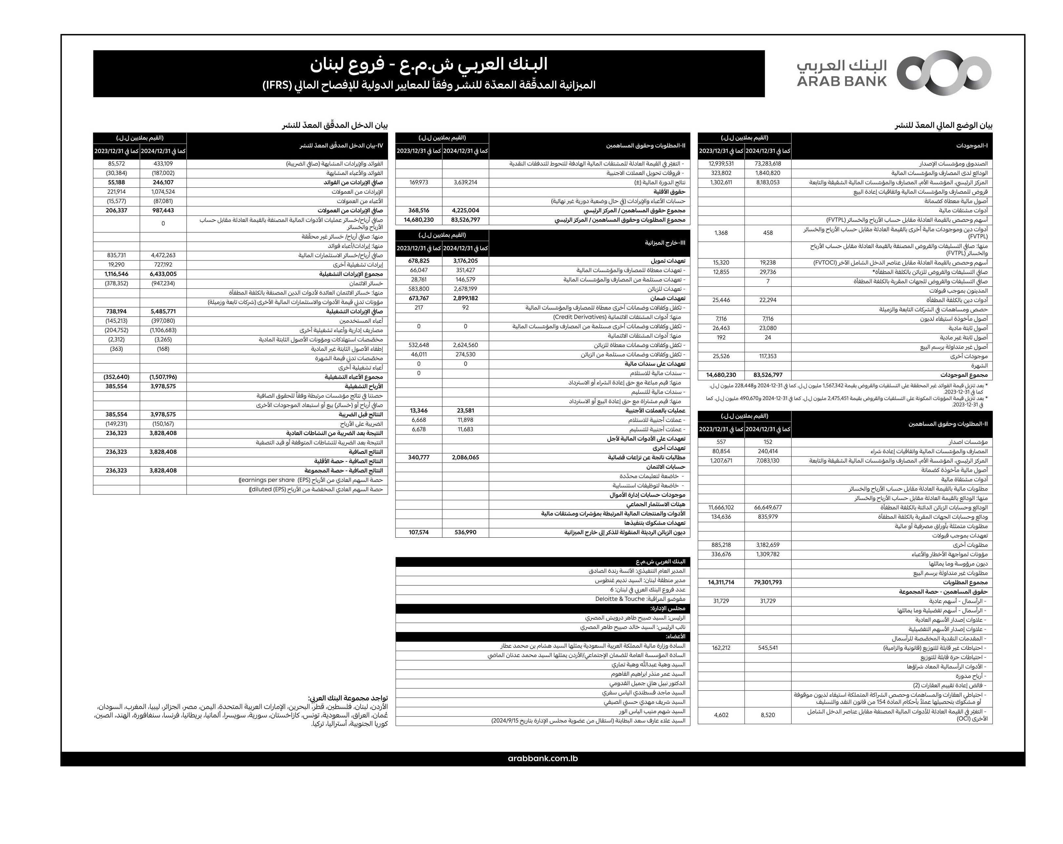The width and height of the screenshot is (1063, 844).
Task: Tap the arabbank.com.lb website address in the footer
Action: (x=542, y=758)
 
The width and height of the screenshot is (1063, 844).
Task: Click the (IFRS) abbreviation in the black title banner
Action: (x=279, y=85)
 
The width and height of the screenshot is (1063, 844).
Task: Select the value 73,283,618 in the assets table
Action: (x=768, y=163)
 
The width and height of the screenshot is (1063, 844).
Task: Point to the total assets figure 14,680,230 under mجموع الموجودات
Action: (x=721, y=375)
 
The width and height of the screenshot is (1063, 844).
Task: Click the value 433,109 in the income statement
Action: (x=163, y=163)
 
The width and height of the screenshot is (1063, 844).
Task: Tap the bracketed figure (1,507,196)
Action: (x=163, y=377)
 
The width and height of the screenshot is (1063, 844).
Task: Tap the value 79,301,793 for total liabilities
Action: (x=768, y=582)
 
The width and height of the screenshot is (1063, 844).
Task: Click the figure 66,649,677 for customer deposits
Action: (x=768, y=508)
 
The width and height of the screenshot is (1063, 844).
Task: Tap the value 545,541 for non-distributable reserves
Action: (x=768, y=648)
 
